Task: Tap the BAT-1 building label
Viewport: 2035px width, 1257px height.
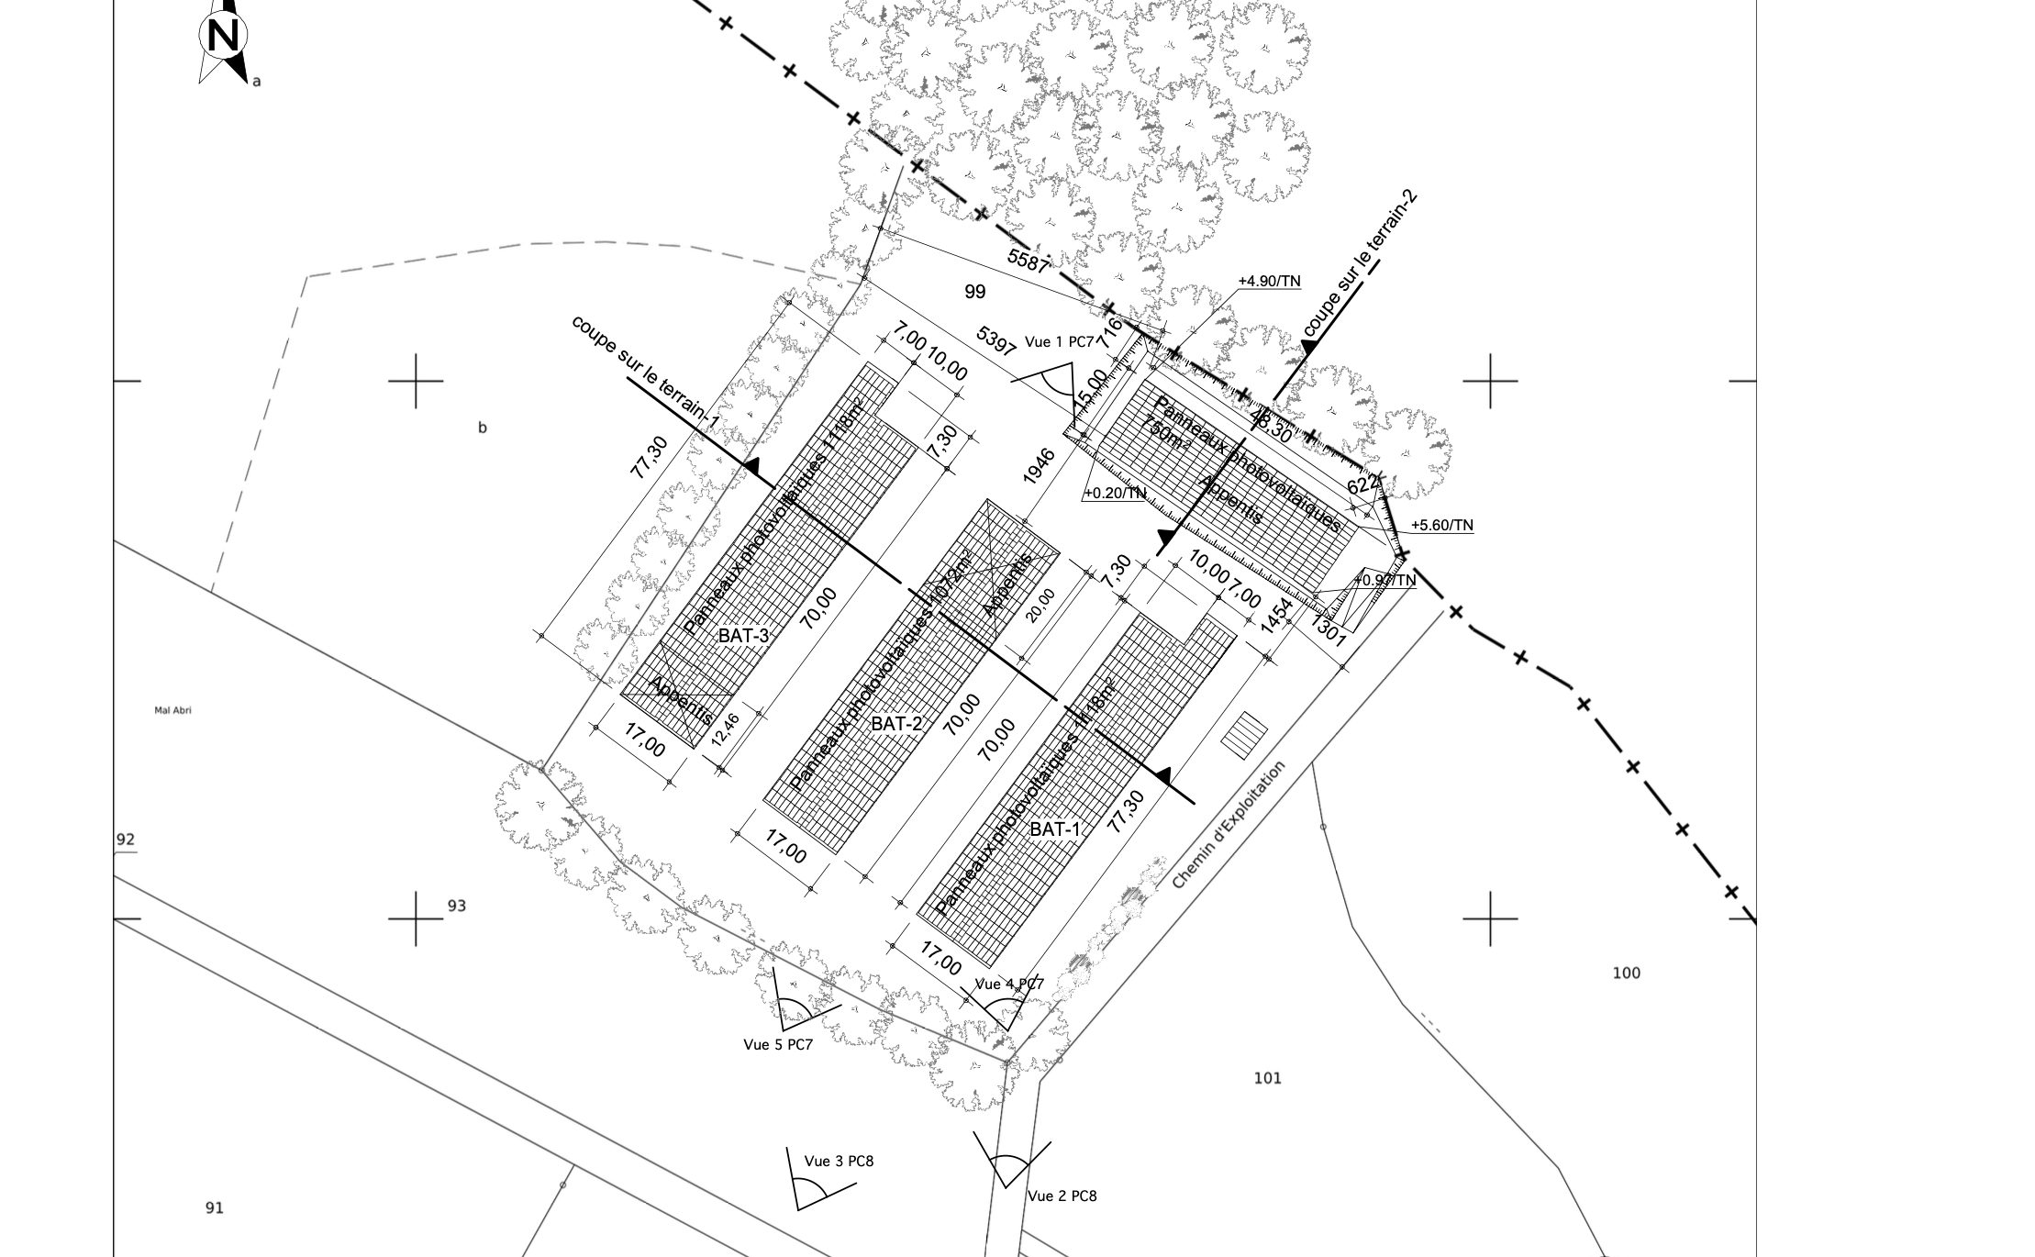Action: tap(1055, 829)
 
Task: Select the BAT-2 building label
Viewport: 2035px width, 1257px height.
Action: tap(896, 724)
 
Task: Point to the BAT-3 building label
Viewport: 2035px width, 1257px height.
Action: tap(743, 635)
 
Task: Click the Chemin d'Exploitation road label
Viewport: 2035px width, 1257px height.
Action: tap(1229, 826)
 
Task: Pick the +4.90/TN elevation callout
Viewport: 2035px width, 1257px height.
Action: tap(1269, 281)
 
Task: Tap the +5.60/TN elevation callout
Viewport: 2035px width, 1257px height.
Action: tap(1442, 525)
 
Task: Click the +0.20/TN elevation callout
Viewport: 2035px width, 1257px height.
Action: tap(1115, 493)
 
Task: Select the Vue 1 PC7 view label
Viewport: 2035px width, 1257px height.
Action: tap(1060, 342)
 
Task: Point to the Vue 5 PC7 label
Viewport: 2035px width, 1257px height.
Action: tap(778, 1044)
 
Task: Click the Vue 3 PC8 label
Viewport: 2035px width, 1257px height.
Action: tap(839, 1161)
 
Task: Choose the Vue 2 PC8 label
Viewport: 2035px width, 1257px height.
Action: tap(1062, 1196)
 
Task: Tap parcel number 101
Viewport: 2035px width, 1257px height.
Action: tap(1267, 1078)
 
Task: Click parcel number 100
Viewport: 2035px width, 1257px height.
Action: tap(1626, 973)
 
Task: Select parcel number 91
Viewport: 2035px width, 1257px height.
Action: tap(214, 1207)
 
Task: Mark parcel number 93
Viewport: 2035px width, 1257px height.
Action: tap(456, 906)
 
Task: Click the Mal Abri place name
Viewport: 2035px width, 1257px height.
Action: tap(172, 709)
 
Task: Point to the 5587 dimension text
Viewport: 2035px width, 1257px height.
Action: tap(1028, 261)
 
